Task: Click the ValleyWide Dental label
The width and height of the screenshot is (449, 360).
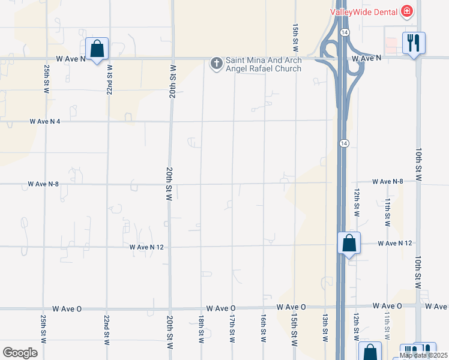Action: (x=365, y=11)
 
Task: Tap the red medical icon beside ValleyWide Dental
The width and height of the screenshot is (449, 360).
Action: (x=407, y=11)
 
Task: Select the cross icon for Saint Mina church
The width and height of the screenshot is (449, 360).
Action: (x=216, y=62)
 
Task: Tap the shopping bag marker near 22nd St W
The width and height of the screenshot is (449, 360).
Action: (x=97, y=50)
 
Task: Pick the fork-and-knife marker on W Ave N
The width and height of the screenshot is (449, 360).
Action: (x=413, y=44)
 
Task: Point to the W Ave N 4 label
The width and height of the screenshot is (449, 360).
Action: (x=46, y=121)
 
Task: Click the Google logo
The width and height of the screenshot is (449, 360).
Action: (x=20, y=353)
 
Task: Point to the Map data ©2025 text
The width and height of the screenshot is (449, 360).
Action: (x=424, y=356)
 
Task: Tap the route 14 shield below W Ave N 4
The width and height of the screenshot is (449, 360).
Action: (x=342, y=143)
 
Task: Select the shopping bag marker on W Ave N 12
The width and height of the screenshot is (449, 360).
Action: (x=349, y=244)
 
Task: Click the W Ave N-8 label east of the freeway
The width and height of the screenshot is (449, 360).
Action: (x=387, y=181)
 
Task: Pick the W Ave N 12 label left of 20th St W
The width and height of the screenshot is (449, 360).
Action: (x=147, y=247)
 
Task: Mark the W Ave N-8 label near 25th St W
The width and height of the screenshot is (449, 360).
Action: (x=43, y=184)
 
